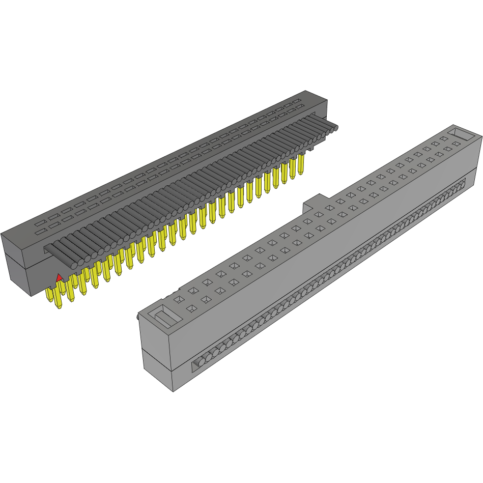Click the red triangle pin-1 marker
coord(59,277)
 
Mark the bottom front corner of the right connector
coord(173,391)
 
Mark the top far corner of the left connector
coord(305,91)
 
